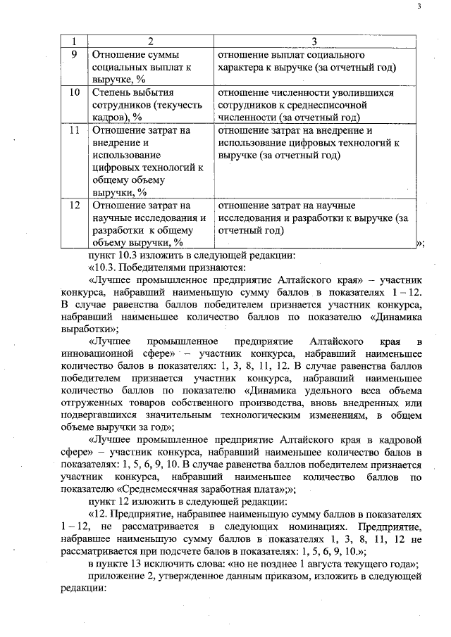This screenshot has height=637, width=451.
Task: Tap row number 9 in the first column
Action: coord(74,55)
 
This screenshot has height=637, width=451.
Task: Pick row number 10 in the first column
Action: coord(74,92)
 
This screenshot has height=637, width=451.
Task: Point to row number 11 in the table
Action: coord(74,130)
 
